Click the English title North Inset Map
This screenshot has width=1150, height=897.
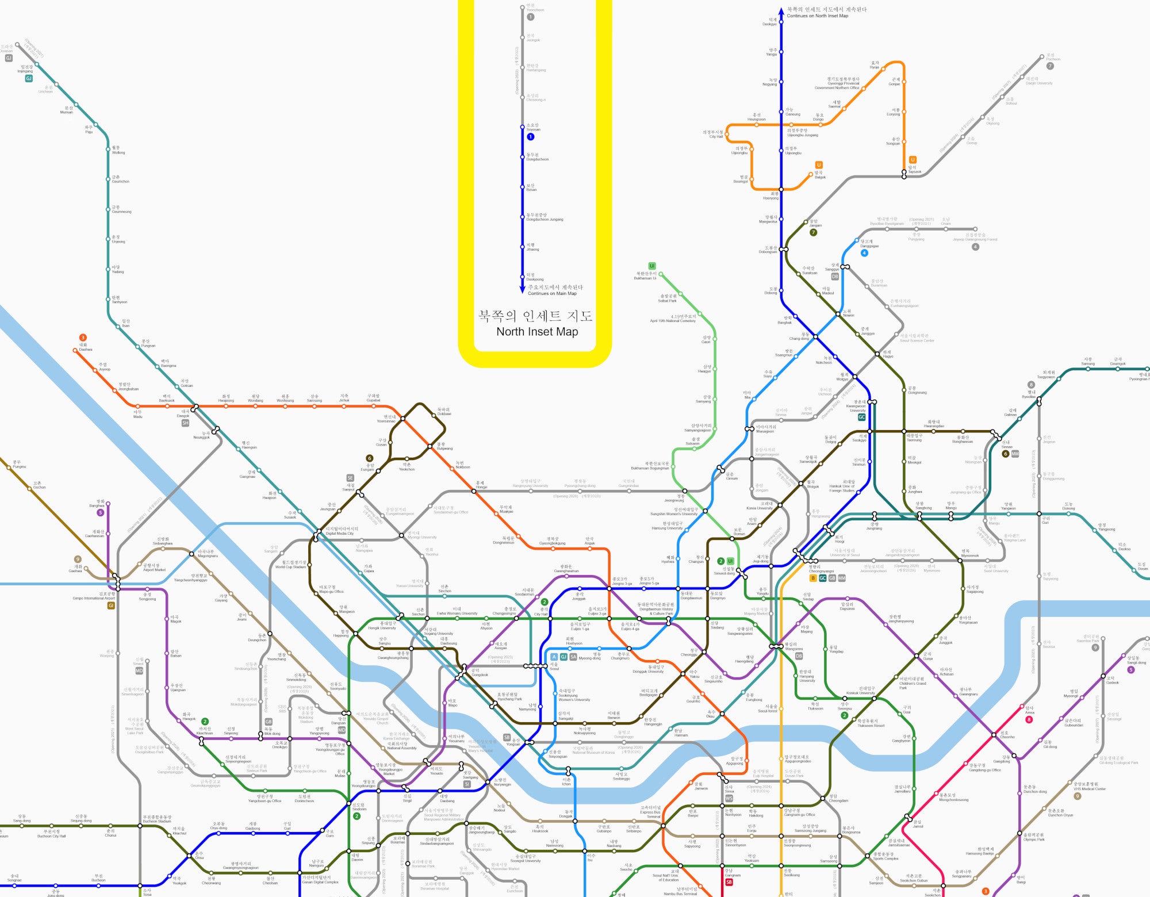tap(537, 332)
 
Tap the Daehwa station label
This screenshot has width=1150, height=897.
tap(86, 347)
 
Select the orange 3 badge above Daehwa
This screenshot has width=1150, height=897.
tap(83, 338)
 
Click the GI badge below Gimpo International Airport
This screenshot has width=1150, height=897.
tap(111, 605)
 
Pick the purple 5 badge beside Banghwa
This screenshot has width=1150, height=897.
tap(101, 512)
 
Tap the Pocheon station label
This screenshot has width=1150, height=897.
tap(1053, 57)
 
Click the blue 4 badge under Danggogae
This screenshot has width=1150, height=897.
tap(864, 253)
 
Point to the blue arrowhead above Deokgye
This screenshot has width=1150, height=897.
tap(781, 11)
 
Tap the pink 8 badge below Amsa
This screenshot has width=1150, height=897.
tap(1029, 719)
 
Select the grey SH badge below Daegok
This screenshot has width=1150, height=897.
tap(185, 423)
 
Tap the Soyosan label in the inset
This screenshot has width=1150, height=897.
tap(533, 127)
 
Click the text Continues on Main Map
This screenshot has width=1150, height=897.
tap(552, 293)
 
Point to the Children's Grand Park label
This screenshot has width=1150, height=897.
tap(912, 683)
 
